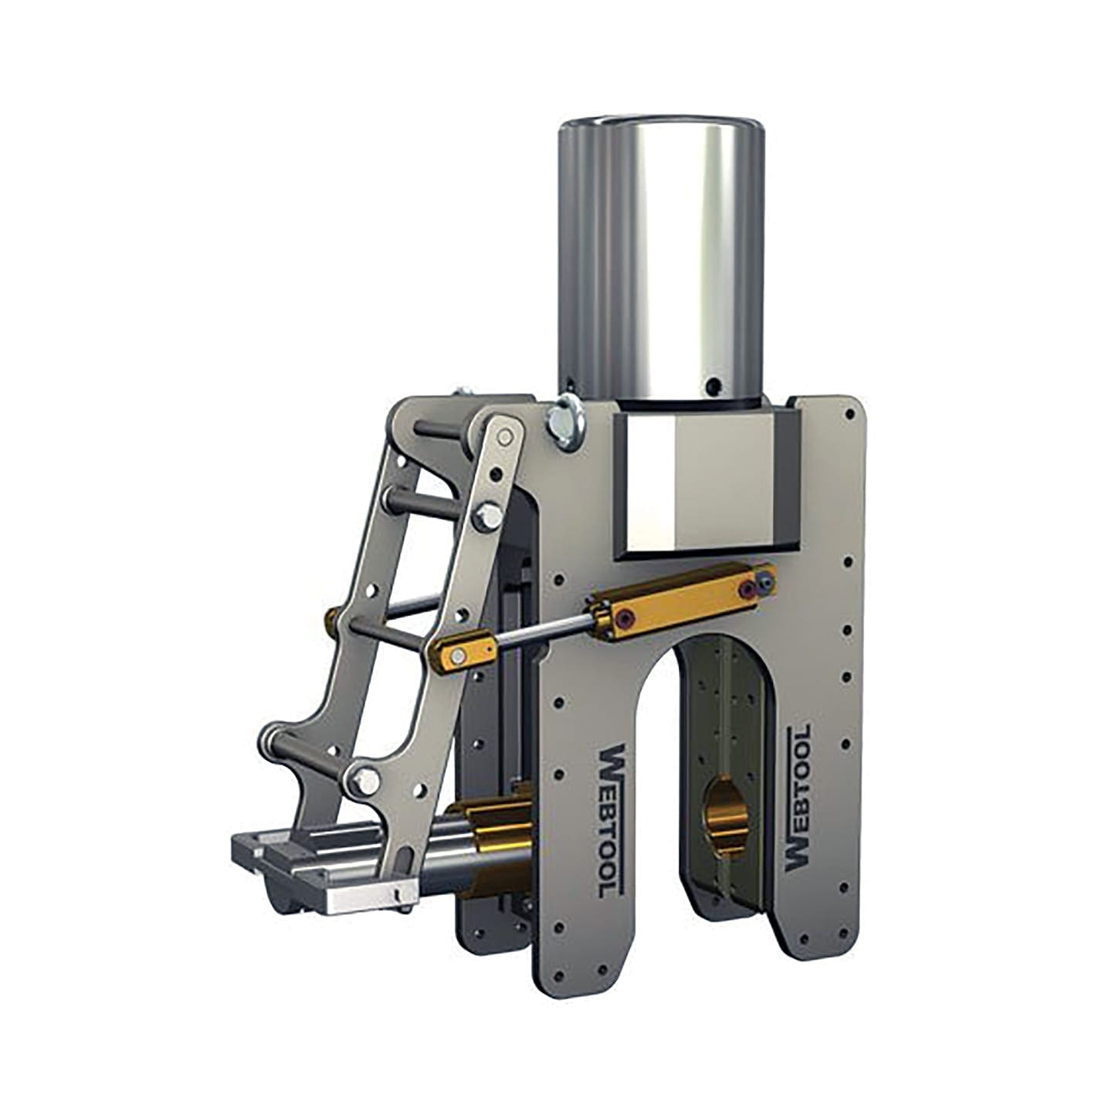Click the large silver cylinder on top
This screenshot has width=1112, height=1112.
point(662,255)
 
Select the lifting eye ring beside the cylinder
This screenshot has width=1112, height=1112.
point(568,422)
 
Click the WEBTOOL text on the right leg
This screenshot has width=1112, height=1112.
point(798,798)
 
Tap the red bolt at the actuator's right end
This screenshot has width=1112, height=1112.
point(746,590)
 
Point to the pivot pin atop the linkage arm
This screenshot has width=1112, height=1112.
point(506,437)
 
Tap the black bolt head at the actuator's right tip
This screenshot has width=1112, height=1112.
point(766,576)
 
